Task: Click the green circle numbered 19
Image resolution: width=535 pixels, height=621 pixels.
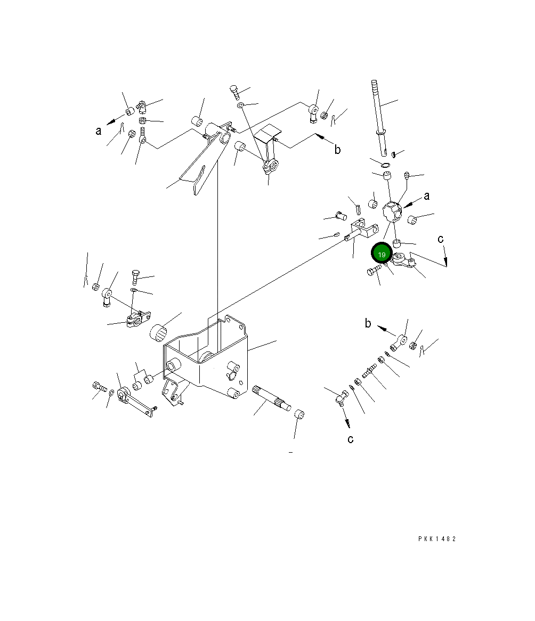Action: (x=382, y=254)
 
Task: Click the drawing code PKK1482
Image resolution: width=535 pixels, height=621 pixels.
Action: (x=437, y=538)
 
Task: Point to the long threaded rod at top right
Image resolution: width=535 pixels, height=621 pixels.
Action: (x=379, y=118)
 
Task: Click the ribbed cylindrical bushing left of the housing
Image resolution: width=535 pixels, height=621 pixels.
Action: (x=158, y=332)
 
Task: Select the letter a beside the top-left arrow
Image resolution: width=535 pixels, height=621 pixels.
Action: (x=98, y=130)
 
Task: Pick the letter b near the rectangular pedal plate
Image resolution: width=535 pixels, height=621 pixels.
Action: (x=337, y=149)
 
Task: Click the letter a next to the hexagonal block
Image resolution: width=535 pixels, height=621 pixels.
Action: (x=426, y=195)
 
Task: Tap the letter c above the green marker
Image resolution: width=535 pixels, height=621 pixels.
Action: (x=440, y=239)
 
